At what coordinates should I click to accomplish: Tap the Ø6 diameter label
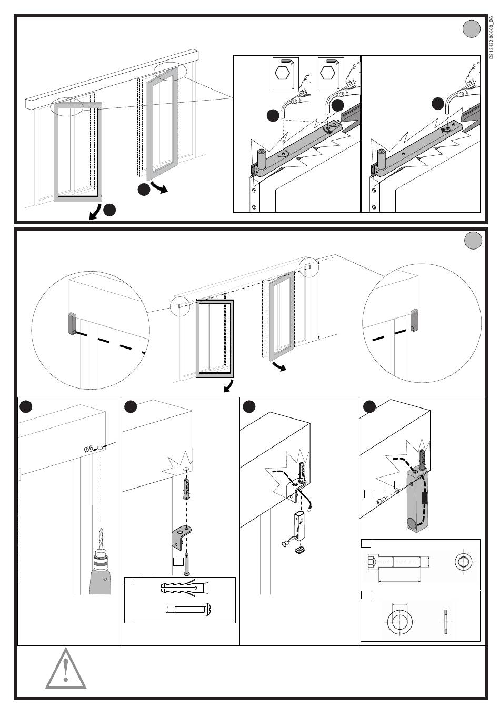pos(89,448)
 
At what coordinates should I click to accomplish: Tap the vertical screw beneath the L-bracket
pos(186,565)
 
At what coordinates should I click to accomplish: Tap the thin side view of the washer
pos(445,618)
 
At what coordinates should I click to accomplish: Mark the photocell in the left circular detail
pos(72,323)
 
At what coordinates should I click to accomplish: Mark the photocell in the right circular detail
pos(414,320)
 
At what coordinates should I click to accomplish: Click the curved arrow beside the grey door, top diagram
pos(159,188)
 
